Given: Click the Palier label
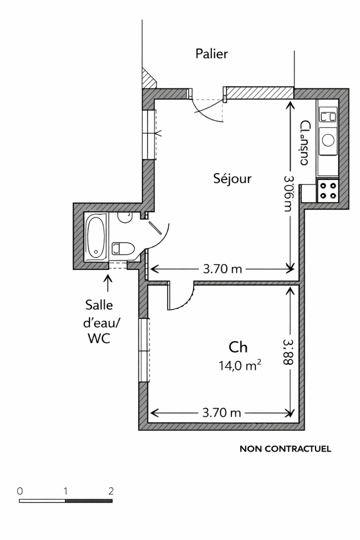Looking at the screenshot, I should click(x=211, y=54).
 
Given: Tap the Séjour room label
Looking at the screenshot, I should click(x=232, y=178).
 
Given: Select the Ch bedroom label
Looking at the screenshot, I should click(x=238, y=347).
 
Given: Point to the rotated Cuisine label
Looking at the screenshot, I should click(x=304, y=143).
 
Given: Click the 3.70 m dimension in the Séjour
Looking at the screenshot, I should click(x=222, y=269).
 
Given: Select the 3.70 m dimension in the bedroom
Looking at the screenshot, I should click(x=222, y=413).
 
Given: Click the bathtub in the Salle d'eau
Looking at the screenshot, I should click(x=95, y=237).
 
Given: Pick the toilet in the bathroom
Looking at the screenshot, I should click(x=123, y=248).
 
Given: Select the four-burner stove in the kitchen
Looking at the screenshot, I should click(x=328, y=190).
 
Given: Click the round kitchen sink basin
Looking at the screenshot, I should click(x=328, y=139).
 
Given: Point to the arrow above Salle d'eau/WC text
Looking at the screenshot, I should click(x=108, y=283).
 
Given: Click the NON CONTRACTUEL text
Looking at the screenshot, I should click(x=285, y=449).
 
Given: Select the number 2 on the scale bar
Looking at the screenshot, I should click(x=111, y=490).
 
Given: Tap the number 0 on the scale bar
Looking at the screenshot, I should click(x=19, y=490).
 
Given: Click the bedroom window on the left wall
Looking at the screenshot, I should click(x=144, y=350).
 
